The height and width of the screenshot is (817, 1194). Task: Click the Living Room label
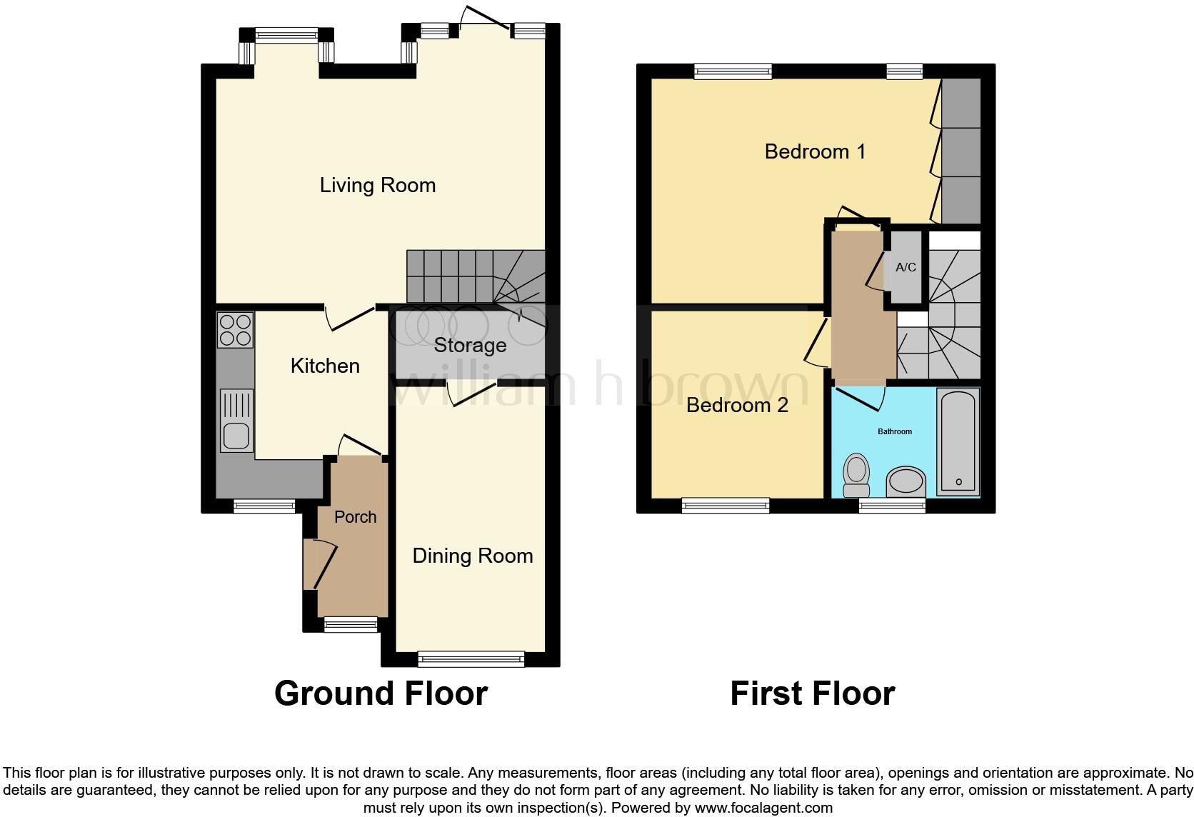(x=377, y=186)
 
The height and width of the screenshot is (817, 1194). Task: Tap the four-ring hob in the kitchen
(x=235, y=330)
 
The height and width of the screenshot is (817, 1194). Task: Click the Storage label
(x=470, y=346)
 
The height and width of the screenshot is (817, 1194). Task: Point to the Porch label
(x=355, y=517)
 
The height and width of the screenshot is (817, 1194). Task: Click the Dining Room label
(x=472, y=556)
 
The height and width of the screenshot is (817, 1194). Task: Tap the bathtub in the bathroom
(x=958, y=441)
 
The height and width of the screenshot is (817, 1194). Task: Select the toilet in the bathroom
(x=856, y=475)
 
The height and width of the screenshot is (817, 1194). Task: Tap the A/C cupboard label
(x=905, y=268)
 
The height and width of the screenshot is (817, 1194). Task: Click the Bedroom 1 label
(x=815, y=151)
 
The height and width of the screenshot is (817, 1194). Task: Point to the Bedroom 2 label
(x=737, y=406)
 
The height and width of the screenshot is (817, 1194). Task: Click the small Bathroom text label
(x=894, y=431)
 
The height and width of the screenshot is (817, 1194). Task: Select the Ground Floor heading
(x=381, y=693)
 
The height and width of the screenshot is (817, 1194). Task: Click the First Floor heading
(x=812, y=693)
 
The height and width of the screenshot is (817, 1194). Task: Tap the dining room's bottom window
(x=471, y=658)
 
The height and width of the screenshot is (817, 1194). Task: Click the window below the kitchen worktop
(x=264, y=506)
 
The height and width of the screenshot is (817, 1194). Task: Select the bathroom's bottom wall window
(x=892, y=506)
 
